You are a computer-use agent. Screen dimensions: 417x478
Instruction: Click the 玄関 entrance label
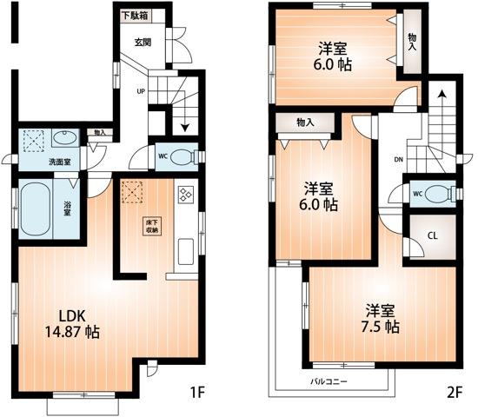coord(143,42)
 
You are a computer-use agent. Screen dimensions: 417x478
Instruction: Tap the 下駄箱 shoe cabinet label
coord(134,15)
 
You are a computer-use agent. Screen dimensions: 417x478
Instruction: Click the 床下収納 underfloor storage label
coord(151,225)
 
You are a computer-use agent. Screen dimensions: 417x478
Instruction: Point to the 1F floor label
coord(197,393)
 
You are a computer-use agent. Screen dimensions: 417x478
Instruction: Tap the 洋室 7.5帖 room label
coord(381,319)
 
